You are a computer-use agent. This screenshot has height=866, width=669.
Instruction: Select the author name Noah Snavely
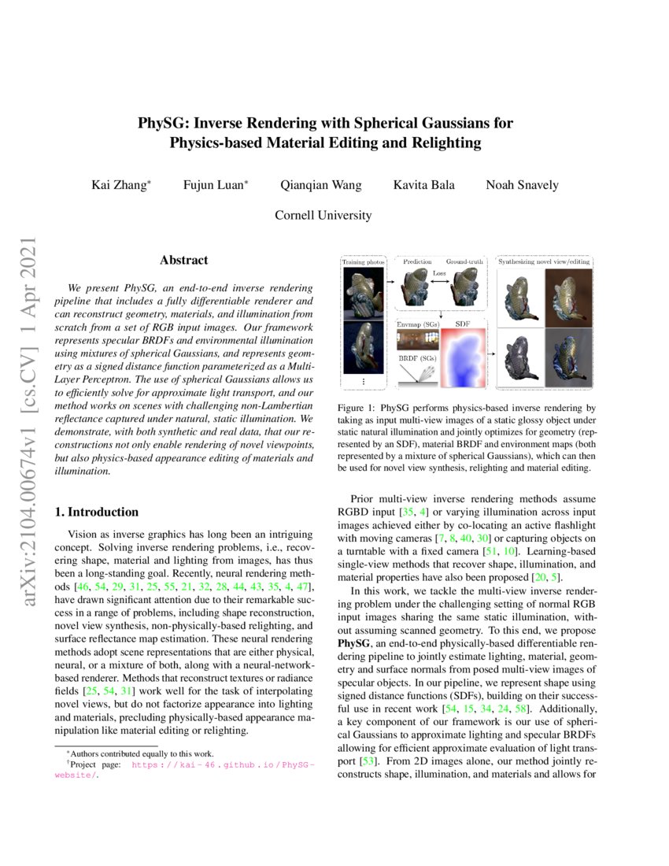click(x=522, y=185)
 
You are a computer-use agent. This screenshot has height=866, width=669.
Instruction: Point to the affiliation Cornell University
click(x=323, y=215)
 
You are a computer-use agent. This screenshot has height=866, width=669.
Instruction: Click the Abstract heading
click(x=183, y=260)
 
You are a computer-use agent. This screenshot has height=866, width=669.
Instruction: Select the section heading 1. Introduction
click(x=98, y=513)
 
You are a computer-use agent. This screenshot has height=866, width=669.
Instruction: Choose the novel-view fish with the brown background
click(x=567, y=291)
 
